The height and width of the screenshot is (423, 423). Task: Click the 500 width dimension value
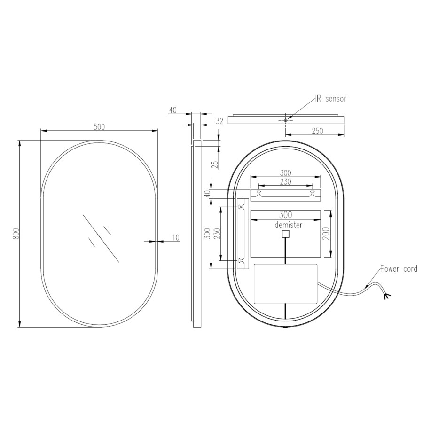pyautogui.click(x=99, y=126)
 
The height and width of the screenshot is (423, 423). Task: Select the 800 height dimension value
pyautogui.click(x=15, y=234)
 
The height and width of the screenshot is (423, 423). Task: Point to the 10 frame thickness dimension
pyautogui.click(x=175, y=238)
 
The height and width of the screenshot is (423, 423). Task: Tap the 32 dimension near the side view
pyautogui.click(x=219, y=121)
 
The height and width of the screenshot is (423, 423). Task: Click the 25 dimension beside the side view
pyautogui.click(x=215, y=164)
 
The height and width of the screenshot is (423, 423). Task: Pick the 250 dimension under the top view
pyautogui.click(x=317, y=131)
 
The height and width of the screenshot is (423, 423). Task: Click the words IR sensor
pyautogui.click(x=330, y=99)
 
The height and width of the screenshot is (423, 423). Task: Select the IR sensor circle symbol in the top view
pyautogui.click(x=285, y=120)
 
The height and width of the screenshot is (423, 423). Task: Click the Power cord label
pyautogui.click(x=399, y=269)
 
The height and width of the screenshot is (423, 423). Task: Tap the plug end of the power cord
pyautogui.click(x=386, y=296)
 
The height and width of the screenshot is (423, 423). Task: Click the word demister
pyautogui.click(x=289, y=225)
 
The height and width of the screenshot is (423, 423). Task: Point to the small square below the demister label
pyautogui.click(x=285, y=234)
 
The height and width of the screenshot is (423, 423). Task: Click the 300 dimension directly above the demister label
pyautogui.click(x=285, y=215)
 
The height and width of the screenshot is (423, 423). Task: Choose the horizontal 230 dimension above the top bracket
pyautogui.click(x=285, y=181)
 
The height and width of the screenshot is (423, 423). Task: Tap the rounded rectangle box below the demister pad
pyautogui.click(x=285, y=283)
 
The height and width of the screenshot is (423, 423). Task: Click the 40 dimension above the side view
pyautogui.click(x=172, y=110)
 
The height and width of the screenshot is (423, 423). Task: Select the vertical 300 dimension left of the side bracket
pyautogui.click(x=207, y=234)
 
